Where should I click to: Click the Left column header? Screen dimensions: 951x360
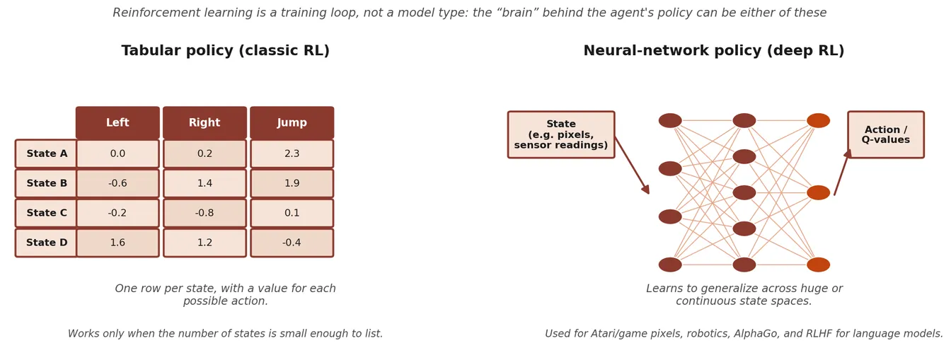click(117, 122)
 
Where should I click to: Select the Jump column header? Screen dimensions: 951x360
click(292, 122)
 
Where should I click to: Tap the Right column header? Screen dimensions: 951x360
click(204, 122)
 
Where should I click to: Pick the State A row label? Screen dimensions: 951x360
click(46, 153)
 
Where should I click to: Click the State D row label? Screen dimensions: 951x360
click(46, 243)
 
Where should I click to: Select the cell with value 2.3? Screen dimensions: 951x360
click(292, 153)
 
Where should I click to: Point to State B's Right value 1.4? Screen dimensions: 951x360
click(204, 183)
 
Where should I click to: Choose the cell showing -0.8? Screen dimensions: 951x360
click(204, 213)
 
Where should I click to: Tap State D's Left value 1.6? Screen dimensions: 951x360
click(117, 243)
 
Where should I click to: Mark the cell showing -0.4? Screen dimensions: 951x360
click(292, 243)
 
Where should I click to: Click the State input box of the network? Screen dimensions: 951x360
click(561, 134)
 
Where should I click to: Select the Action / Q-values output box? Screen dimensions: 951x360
click(886, 134)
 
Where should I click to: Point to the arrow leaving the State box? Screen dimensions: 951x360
click(632, 166)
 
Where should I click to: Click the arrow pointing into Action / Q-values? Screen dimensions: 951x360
click(843, 172)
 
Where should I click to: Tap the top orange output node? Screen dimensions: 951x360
click(818, 120)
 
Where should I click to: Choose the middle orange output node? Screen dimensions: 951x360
click(818, 193)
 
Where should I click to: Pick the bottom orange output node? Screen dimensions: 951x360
click(818, 265)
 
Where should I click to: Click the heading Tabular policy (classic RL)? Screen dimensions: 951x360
click(226, 50)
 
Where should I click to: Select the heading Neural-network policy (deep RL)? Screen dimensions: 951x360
click(714, 50)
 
